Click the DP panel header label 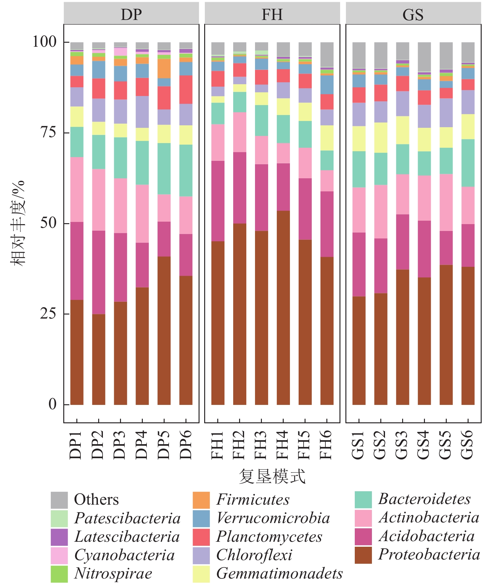tap(131, 14)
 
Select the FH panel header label tap(272, 14)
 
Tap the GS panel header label tap(413, 14)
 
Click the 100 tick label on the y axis tap(44, 41)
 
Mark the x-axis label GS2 tap(381, 445)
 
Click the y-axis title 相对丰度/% tap(18, 223)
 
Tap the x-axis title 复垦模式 tap(272, 476)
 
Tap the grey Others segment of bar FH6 tap(327, 55)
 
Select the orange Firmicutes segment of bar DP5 tap(164, 68)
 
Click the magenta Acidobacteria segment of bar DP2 tap(99, 272)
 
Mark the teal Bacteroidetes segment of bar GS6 tap(468, 163)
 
